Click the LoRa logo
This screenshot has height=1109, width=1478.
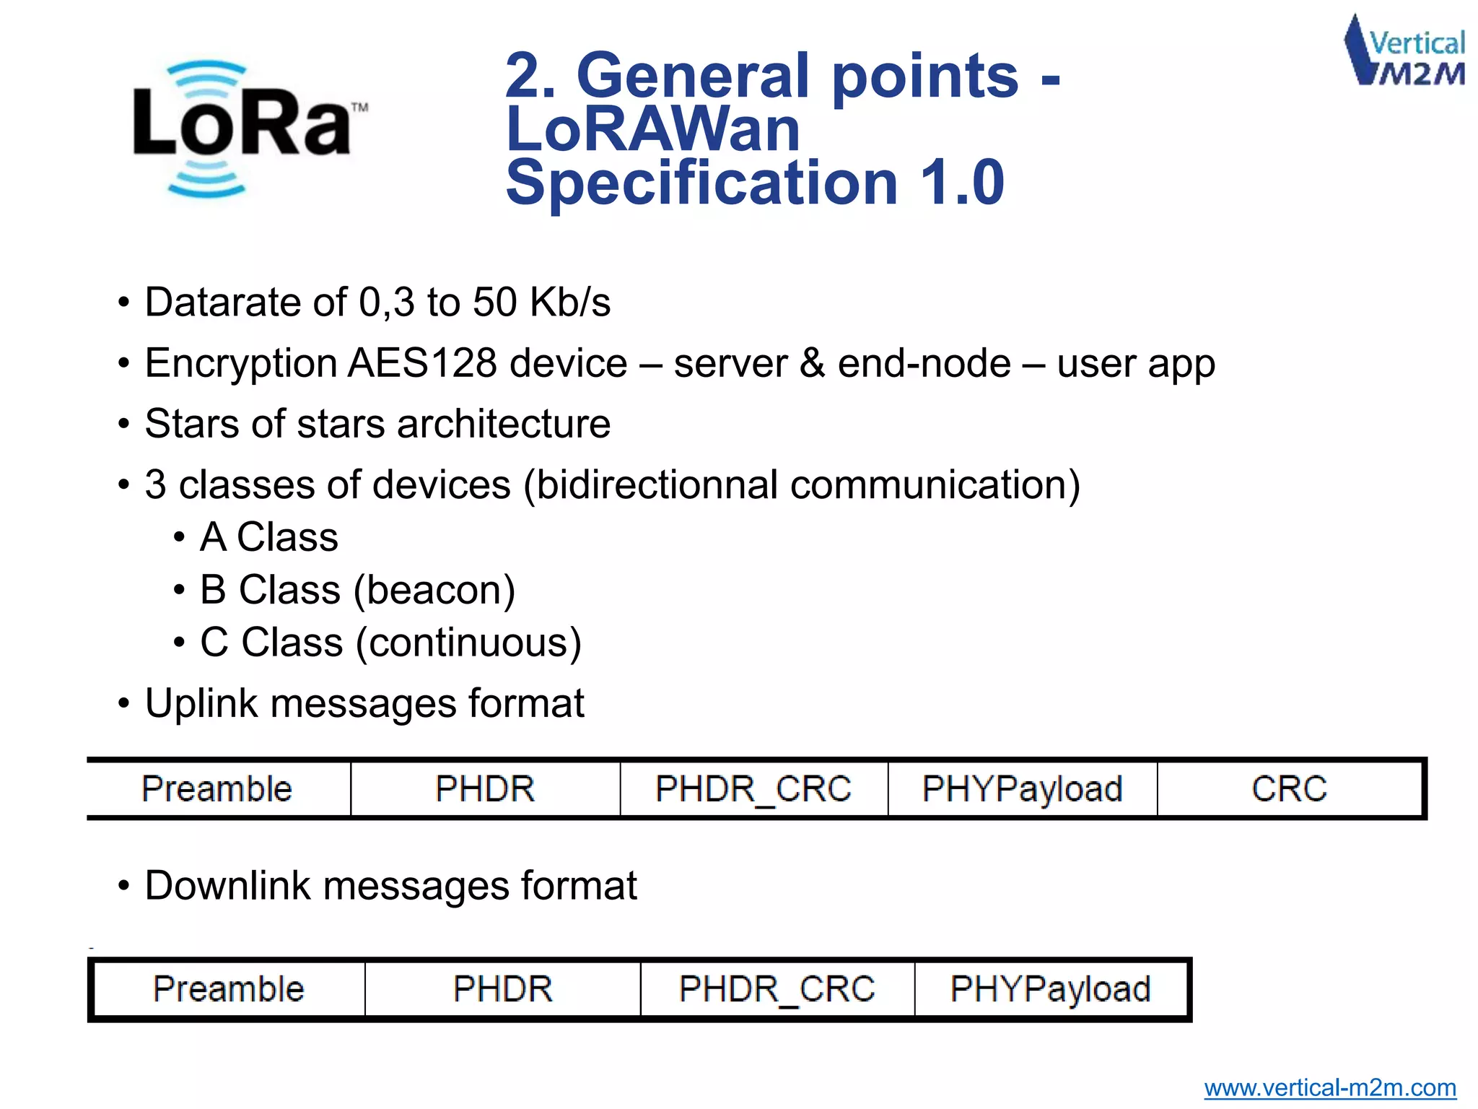tap(245, 129)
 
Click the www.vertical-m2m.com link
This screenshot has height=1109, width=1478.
tap(1329, 1087)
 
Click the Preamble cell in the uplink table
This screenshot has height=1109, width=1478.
tap(217, 788)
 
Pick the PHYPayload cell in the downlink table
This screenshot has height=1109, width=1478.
tap(1050, 989)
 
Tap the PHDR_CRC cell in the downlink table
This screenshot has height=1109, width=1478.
tap(777, 989)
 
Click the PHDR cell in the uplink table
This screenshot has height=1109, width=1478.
tap(485, 788)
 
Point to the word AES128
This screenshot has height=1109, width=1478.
tap(422, 363)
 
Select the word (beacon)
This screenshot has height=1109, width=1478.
tap(434, 591)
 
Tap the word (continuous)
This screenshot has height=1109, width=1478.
tap(469, 643)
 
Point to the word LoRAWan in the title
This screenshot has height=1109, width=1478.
tap(653, 130)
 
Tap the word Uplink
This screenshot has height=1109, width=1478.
tap(201, 704)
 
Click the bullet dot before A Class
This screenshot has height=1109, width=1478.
tap(179, 539)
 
